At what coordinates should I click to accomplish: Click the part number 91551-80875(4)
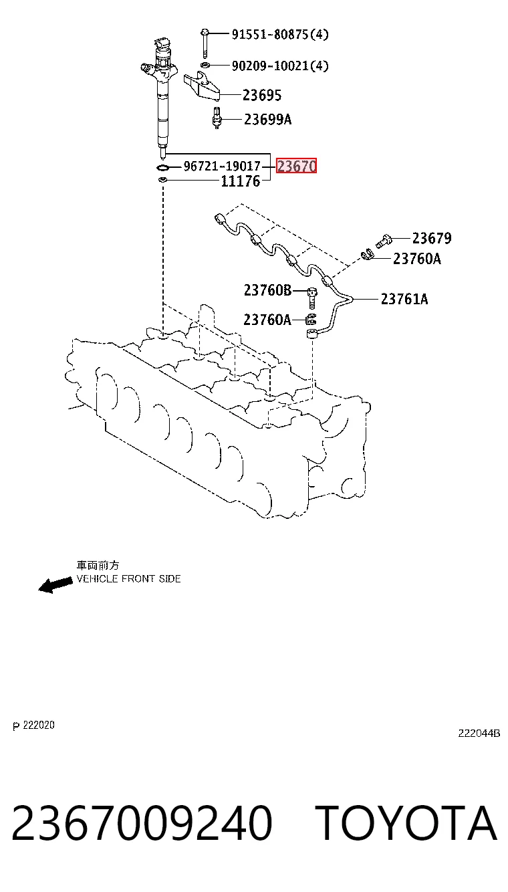coord(280,35)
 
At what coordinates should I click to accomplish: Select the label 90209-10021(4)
coord(280,66)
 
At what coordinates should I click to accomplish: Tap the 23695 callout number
coord(262,95)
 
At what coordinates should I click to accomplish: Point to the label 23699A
coord(267,119)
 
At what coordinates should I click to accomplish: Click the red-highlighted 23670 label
coord(297,166)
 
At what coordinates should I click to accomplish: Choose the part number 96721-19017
coord(222,166)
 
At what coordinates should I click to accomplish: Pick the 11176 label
coord(241,182)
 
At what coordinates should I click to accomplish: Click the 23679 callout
coord(432,238)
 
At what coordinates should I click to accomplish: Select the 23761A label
coord(404,299)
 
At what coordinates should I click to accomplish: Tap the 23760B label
coord(267,290)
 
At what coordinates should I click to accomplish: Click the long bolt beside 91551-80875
coord(205,43)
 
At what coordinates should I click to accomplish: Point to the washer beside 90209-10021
coord(205,65)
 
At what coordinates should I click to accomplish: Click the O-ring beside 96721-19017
coord(162,167)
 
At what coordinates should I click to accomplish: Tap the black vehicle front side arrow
coord(55,584)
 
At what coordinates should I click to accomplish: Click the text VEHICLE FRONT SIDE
coord(128,578)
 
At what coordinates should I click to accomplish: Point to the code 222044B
coord(479,733)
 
